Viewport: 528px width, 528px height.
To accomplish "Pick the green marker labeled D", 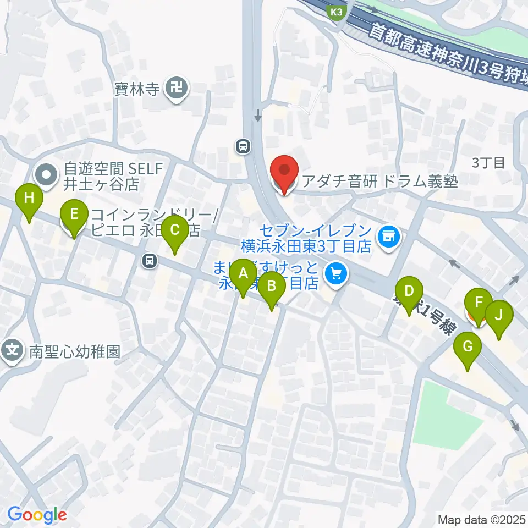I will coord(409,291).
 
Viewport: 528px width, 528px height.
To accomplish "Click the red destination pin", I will coord(284,171).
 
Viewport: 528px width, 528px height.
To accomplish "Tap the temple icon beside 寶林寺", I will coord(177,87).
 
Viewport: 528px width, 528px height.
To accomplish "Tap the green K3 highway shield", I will coord(337,12).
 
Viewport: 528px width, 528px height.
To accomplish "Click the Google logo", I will coord(37,515).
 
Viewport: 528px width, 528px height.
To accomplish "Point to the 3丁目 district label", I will coord(488,163).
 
